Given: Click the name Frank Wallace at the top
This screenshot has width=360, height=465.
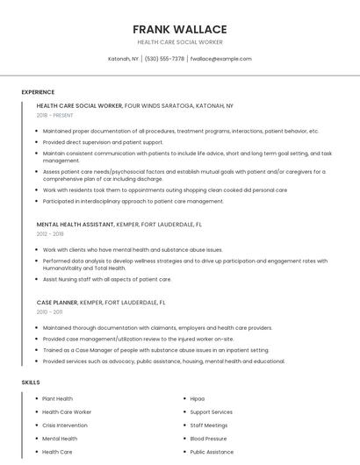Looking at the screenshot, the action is [179, 29].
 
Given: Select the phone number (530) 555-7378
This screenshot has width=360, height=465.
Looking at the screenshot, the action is [164, 59].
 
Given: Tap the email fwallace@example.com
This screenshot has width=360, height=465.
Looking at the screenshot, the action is [220, 59].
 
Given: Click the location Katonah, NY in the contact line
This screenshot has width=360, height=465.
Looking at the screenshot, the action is [123, 59].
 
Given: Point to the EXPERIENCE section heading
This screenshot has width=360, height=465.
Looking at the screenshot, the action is [38, 92].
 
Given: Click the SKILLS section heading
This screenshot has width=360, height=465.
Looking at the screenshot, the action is [31, 383].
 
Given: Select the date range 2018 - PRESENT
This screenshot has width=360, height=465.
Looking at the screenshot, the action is [55, 115].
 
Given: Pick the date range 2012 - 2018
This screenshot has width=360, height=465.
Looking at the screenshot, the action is [50, 234].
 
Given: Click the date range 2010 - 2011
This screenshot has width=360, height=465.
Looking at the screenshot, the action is [49, 311].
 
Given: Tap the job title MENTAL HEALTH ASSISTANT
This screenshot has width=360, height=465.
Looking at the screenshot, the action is [75, 224].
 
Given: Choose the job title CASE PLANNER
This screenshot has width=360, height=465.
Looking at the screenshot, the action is [57, 302].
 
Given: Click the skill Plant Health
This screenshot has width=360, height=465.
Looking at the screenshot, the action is [58, 398].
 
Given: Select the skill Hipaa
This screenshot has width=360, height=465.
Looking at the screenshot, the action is [198, 398].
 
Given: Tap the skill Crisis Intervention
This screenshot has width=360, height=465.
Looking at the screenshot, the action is [65, 426].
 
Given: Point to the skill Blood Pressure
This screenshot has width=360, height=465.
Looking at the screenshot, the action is [208, 439].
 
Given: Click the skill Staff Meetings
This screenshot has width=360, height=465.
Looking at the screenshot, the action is [209, 426].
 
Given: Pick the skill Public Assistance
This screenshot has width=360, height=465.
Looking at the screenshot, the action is [212, 452].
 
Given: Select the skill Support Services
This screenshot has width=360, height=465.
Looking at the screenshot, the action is [212, 411].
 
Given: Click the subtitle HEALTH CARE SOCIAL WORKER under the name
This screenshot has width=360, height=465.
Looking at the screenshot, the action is [179, 42].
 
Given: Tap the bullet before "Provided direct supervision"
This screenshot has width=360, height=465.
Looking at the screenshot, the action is [37, 142].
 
